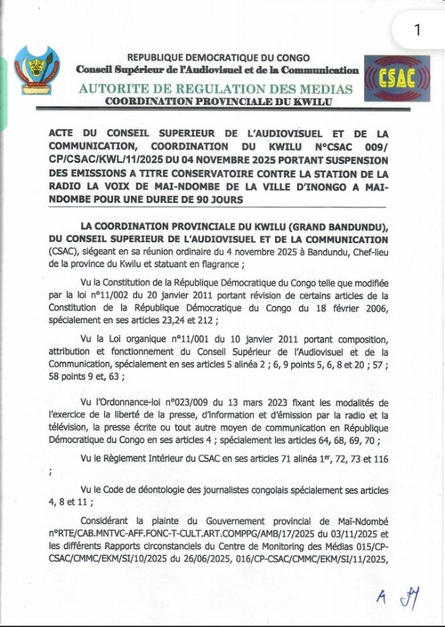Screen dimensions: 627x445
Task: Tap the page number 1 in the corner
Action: (x=418, y=29)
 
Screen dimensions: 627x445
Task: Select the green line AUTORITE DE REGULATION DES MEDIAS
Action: (x=215, y=89)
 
